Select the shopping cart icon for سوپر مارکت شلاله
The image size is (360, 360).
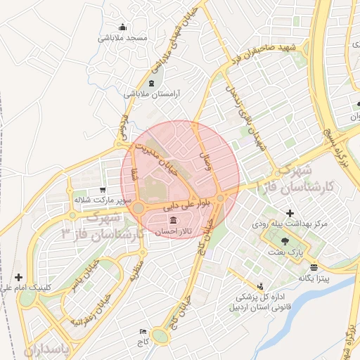tap(103, 190)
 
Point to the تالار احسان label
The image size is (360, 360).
tap(167, 231)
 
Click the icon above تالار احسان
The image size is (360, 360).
tap(173, 221)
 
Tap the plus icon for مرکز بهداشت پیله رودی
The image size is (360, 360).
tap(290, 213)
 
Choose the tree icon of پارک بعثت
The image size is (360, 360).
tap(285, 240)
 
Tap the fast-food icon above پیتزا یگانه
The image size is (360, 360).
tap(314, 267)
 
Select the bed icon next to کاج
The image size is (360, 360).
tap(144, 331)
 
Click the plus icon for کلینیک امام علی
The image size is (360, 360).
tap(18, 277)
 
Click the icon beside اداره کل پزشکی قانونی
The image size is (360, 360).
tap(261, 287)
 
